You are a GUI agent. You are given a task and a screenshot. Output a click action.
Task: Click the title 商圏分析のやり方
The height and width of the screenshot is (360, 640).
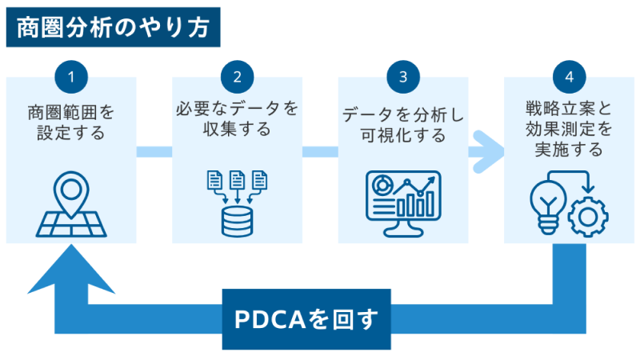tap(112, 27)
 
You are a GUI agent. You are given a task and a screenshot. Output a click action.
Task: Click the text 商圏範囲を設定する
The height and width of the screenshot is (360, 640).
tap(71, 122)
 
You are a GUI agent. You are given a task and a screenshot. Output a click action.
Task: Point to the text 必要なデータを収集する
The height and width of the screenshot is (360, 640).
tap(237, 118)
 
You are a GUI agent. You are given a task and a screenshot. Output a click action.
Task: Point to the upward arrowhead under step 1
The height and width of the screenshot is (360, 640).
tap(71, 268)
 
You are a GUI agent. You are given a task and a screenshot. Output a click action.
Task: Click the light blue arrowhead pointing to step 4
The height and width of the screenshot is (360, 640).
tap(486, 150)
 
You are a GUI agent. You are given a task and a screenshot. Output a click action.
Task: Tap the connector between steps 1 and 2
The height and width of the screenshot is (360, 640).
tap(154, 150)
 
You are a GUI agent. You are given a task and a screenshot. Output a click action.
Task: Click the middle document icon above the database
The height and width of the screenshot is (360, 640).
tap(237, 180)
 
